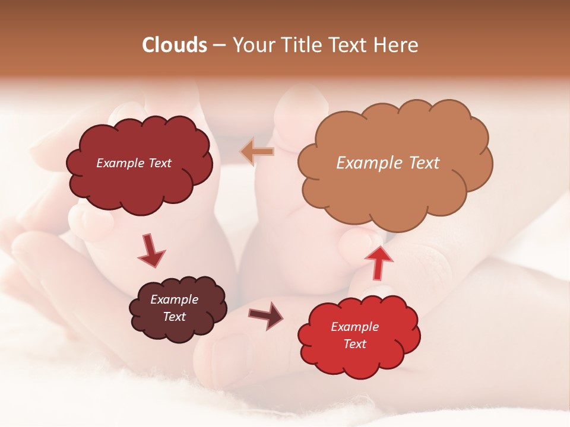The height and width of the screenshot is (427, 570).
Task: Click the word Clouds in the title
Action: coord(174,45)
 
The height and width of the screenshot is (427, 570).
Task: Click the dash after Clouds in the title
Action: coord(218,46)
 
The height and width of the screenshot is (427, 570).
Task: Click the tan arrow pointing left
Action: coord(257,152)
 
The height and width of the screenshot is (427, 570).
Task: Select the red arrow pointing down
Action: coord(152,250)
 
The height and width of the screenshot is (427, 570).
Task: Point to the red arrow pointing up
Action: coord(378,262)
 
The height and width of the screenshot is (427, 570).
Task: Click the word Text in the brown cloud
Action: coord(175,317)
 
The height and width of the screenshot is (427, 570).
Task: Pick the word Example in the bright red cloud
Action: coord(355,327)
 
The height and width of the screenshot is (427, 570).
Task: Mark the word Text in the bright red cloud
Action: coord(355,344)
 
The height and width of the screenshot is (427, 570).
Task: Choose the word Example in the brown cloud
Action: coord(175,299)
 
